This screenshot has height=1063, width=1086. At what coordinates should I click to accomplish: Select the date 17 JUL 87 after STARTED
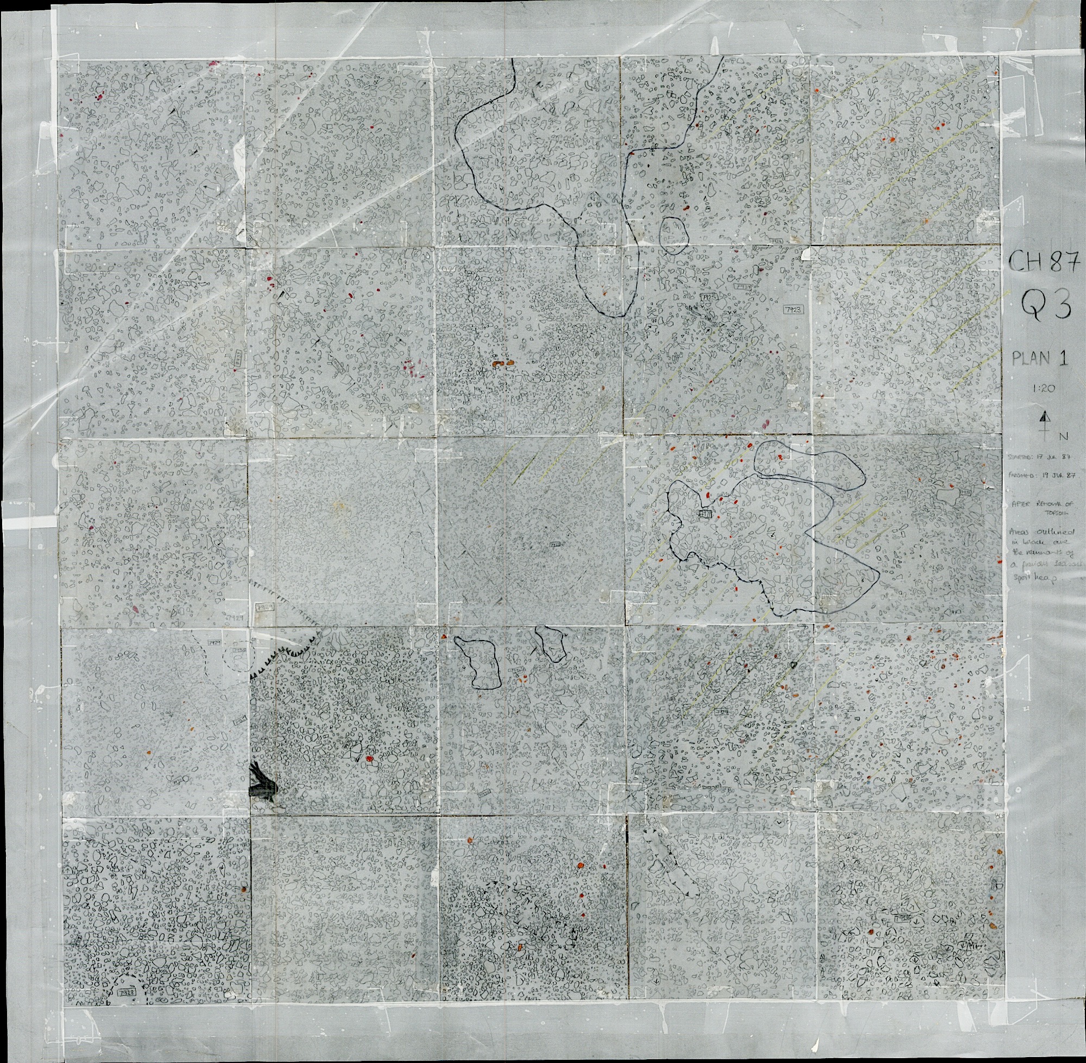point(1054,457)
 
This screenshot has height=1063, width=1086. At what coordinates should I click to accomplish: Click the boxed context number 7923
point(792,309)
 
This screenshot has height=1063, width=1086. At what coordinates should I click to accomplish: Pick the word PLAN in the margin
point(1031,359)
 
